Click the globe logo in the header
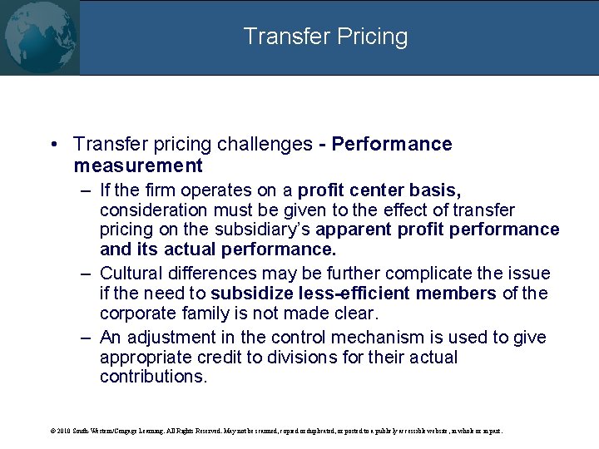(40, 37)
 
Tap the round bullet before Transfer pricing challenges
(54, 145)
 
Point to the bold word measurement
(137, 165)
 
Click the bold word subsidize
(250, 294)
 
